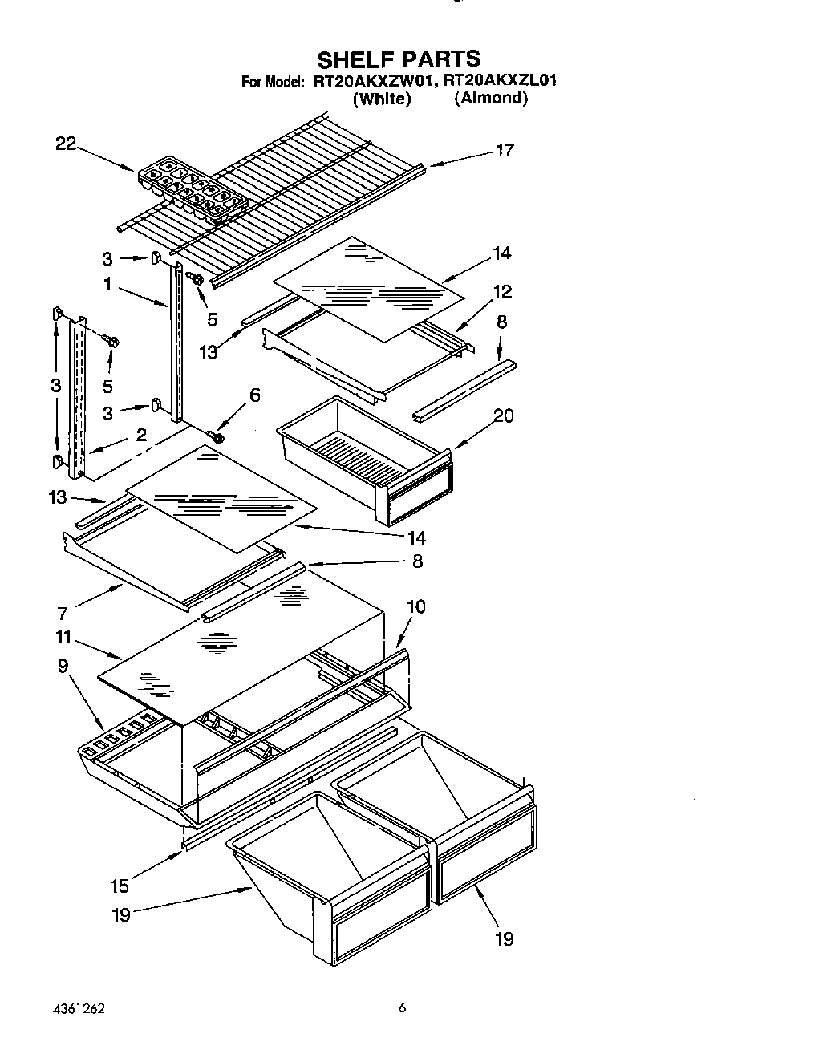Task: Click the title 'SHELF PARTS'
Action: click(x=399, y=59)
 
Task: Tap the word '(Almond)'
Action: click(x=491, y=99)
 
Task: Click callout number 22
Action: click(x=66, y=144)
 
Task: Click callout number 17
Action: click(x=504, y=150)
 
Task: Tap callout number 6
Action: click(x=255, y=395)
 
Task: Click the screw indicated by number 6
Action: click(x=216, y=436)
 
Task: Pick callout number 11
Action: click(x=63, y=637)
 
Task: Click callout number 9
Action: click(x=63, y=665)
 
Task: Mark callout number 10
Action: click(x=416, y=606)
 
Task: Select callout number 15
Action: click(x=120, y=886)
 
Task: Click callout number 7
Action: click(x=62, y=614)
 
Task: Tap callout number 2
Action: click(x=141, y=435)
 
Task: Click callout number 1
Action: click(x=107, y=284)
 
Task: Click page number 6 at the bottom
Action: click(x=403, y=1009)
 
